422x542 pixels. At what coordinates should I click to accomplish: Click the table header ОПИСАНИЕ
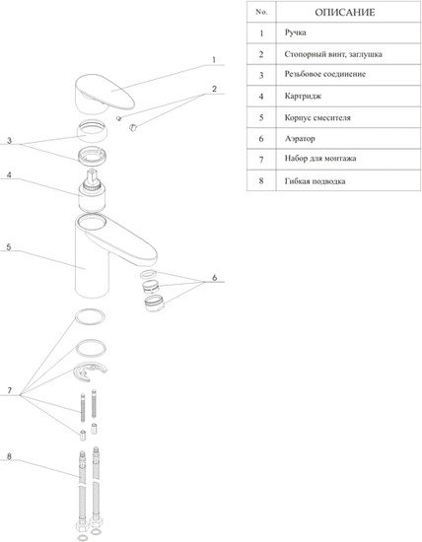(x=344, y=13)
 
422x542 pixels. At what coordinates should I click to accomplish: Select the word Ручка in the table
(x=295, y=33)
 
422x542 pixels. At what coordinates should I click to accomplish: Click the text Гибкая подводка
(x=315, y=181)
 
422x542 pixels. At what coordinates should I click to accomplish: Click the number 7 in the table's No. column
(x=261, y=160)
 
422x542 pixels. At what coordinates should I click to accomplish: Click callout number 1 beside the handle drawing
(x=214, y=60)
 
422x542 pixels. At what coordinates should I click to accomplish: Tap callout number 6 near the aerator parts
(x=215, y=277)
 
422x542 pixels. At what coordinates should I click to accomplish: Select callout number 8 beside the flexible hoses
(x=9, y=456)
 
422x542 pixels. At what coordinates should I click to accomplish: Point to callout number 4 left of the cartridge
(x=9, y=174)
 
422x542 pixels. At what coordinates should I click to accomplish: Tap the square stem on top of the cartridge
(x=92, y=176)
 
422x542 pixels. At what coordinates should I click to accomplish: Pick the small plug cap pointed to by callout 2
(x=133, y=127)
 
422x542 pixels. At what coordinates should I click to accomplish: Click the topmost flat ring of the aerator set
(x=148, y=274)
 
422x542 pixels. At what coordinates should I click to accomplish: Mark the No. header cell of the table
(x=261, y=12)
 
